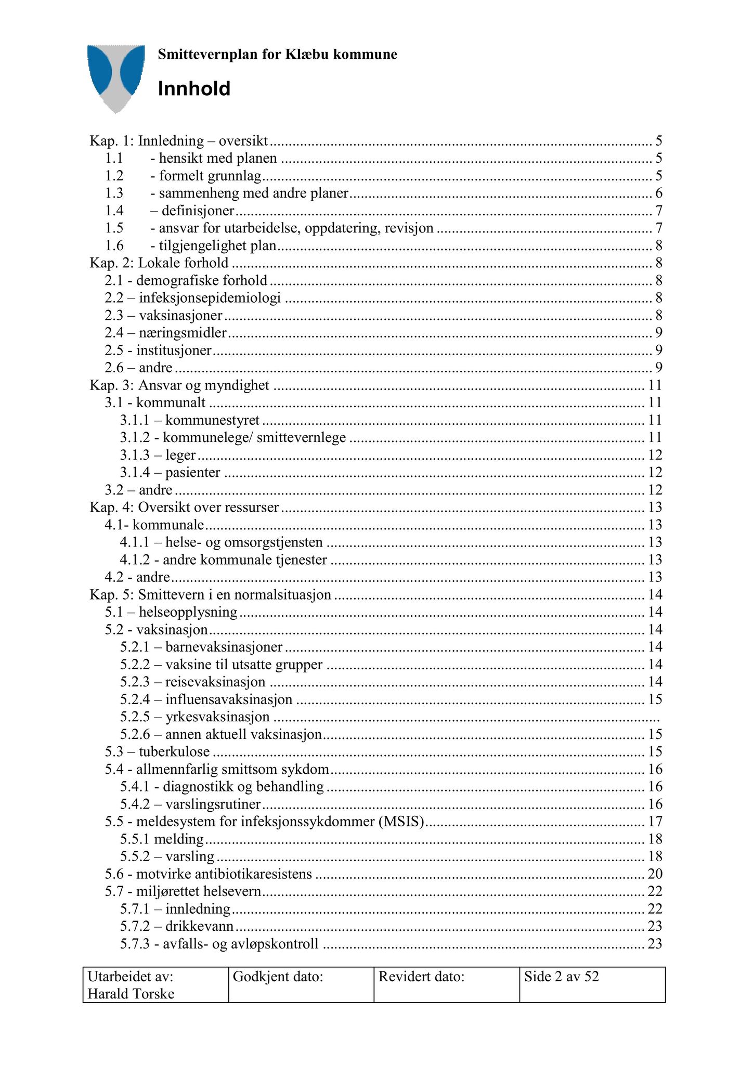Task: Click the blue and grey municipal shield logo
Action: [x=115, y=76]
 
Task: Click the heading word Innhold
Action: [x=194, y=89]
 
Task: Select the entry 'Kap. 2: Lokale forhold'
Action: [x=159, y=263]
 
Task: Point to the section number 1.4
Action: [x=114, y=211]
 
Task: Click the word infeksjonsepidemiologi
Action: [x=210, y=298]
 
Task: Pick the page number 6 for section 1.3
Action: [x=658, y=193]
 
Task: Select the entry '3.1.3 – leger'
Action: [x=158, y=455]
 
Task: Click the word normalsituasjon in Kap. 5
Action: [x=286, y=595]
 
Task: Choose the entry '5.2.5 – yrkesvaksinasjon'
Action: [x=195, y=717]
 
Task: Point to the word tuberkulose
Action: [x=174, y=752]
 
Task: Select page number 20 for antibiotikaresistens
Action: [x=655, y=874]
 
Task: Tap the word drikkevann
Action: [x=199, y=926]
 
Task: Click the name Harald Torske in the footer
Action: [x=131, y=994]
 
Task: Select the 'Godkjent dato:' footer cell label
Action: [x=278, y=977]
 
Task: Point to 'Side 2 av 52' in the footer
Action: [x=562, y=977]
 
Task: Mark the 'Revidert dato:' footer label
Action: [x=421, y=977]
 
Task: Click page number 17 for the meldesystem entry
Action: [x=655, y=822]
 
